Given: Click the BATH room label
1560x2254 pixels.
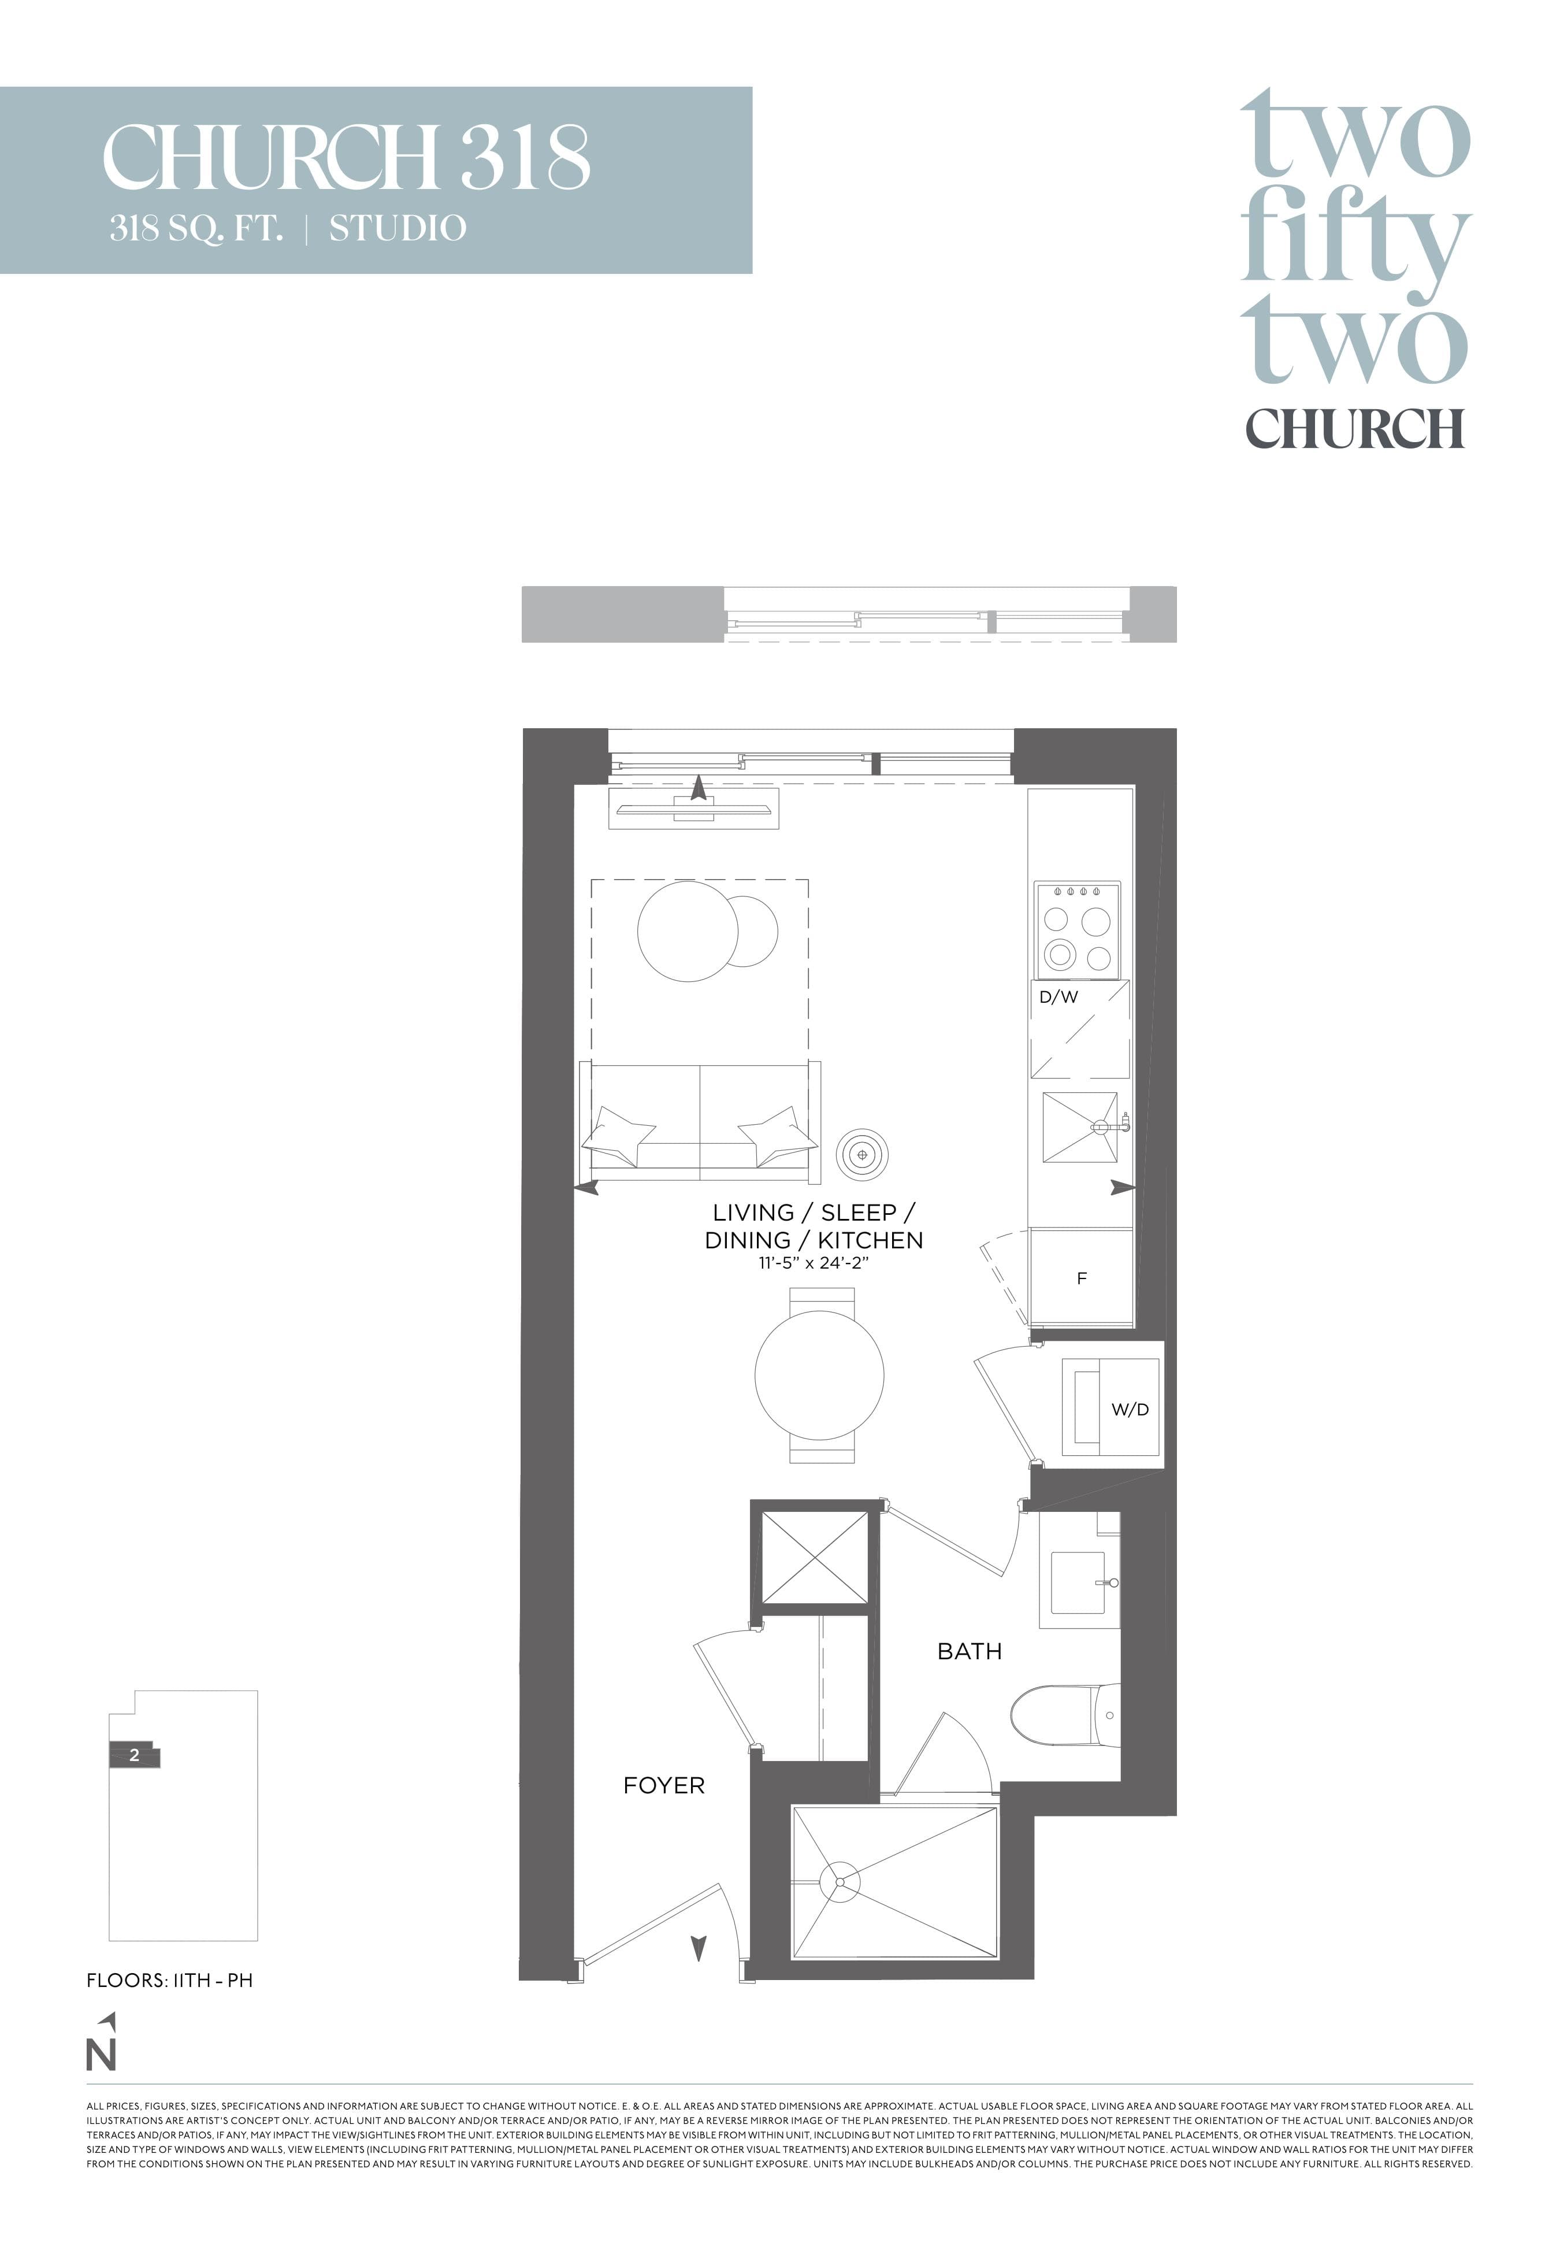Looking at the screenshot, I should click(x=969, y=1651).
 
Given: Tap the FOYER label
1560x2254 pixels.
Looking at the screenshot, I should click(x=664, y=1785).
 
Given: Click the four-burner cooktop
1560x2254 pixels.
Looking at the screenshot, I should click(x=1077, y=930).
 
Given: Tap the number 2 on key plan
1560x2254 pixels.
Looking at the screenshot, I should click(x=135, y=1755).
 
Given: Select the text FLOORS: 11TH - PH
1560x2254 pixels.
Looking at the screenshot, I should click(x=169, y=1980).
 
